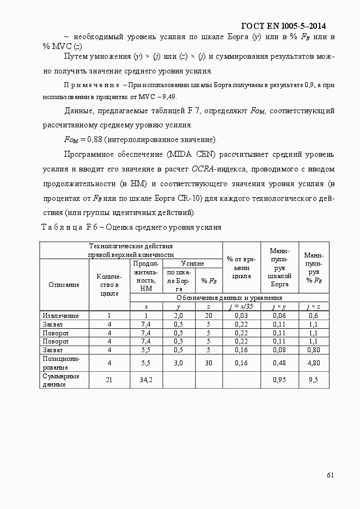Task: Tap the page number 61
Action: pos(330,475)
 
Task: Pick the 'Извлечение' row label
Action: pos(60,316)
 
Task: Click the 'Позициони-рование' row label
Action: pos(60,363)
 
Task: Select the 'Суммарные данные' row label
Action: pos(60,380)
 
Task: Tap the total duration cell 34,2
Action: pos(146,380)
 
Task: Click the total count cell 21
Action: pos(109,380)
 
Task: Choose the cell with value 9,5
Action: pos(313,380)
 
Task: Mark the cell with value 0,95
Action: pos(279,380)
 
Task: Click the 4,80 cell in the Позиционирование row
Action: pos(313,363)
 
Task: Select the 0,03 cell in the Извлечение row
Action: pos(241,316)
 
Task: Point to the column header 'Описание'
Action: pos(64,284)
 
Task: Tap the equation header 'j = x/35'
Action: pos(241,306)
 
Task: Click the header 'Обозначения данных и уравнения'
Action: pos(229,298)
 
